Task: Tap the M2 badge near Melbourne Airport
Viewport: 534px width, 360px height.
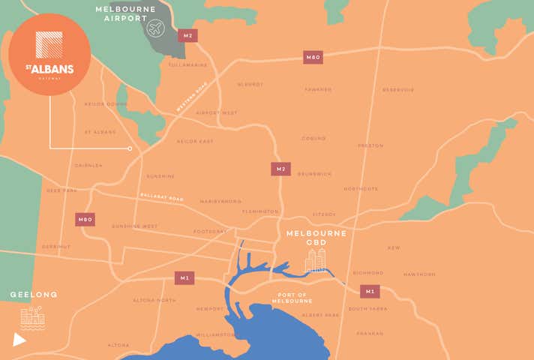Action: (187, 35)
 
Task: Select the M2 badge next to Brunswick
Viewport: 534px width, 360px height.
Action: (280, 169)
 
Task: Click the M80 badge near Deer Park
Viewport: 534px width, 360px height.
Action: (85, 220)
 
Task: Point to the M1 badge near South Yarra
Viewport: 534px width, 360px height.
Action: (369, 291)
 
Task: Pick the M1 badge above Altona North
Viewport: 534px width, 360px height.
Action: (184, 277)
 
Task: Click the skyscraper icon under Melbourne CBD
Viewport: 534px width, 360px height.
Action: (316, 260)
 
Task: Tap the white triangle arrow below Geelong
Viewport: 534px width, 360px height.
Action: (19, 340)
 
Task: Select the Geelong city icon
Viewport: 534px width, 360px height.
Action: (32, 318)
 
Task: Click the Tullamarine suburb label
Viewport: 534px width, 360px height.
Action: (187, 65)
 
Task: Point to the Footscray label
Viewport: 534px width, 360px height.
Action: (210, 231)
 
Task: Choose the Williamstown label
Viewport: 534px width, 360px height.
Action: (214, 334)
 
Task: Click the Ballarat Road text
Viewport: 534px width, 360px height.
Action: (161, 196)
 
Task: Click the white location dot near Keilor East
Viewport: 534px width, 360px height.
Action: (130, 148)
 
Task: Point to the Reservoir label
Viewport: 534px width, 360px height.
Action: (397, 90)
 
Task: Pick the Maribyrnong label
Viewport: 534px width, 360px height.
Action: (220, 201)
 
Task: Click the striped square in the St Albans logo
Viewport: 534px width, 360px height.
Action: (49, 44)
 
